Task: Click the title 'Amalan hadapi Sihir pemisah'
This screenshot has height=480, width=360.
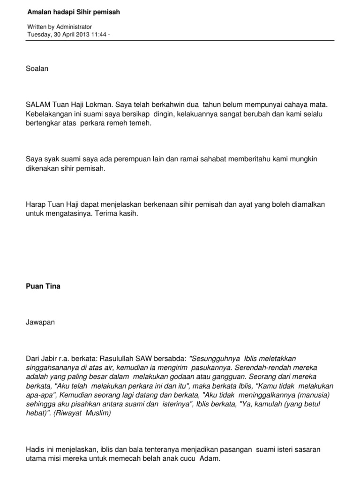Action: pyautogui.click(x=74, y=12)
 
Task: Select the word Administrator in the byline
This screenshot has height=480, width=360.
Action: pyautogui.click(x=74, y=27)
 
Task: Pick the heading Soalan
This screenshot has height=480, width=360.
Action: pyautogui.click(x=37, y=68)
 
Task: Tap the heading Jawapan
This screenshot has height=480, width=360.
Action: pyautogui.click(x=40, y=322)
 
